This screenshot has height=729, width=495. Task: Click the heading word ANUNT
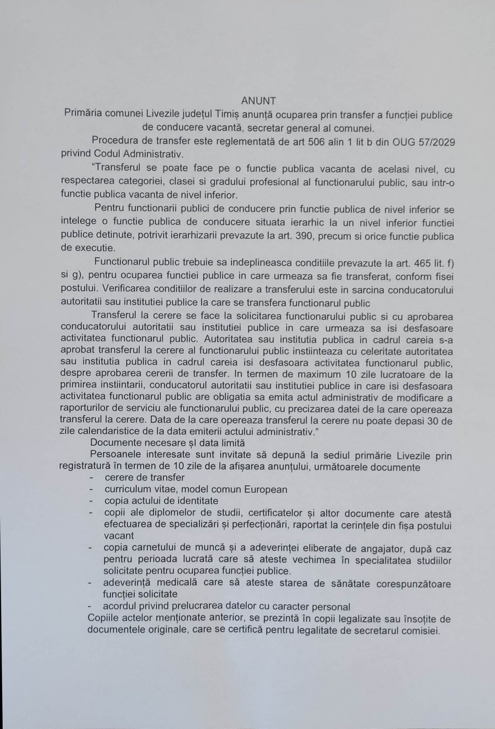(259, 101)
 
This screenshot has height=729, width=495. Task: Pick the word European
(262, 489)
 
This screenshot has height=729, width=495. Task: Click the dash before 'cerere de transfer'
(92, 477)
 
